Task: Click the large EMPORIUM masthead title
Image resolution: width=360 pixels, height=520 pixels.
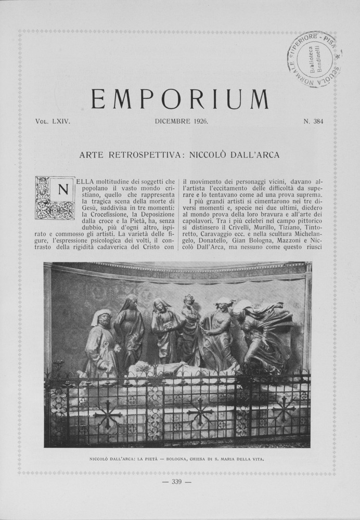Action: tap(180, 99)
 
